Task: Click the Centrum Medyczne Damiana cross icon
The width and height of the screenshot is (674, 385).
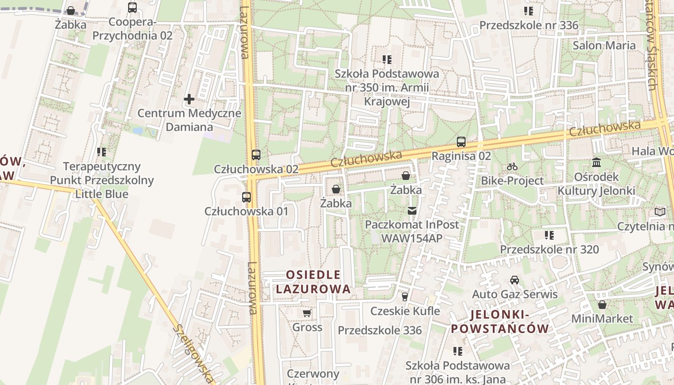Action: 189,100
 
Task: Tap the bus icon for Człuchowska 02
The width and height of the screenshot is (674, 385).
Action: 256,155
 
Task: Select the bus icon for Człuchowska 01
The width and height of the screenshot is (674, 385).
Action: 246,197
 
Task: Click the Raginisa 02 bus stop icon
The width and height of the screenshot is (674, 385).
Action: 461,142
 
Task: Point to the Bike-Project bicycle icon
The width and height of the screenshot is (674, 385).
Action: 512,167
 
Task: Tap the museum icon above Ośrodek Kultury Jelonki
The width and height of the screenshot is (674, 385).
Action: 596,163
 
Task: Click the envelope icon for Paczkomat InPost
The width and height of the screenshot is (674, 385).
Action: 412,210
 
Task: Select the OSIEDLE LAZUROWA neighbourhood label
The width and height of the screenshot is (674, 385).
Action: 313,282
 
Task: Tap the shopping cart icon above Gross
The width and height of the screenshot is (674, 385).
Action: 307,313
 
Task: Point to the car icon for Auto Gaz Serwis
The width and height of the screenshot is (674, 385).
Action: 515,280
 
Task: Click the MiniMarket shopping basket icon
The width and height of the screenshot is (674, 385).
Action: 602,305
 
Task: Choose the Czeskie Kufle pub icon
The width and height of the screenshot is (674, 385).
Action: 405,297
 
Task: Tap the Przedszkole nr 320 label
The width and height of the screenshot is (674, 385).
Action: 549,249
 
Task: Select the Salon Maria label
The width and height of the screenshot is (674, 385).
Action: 604,45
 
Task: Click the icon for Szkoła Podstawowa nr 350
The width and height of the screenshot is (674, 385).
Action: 387,60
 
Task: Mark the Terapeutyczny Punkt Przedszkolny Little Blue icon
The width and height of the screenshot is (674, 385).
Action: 102,152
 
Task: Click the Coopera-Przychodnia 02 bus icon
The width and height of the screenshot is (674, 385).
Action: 132,8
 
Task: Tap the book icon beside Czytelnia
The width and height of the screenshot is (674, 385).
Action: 660,212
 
